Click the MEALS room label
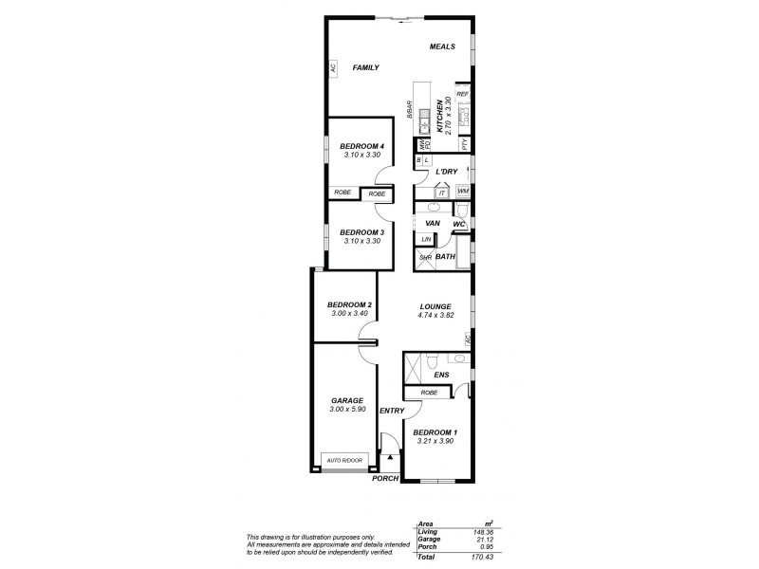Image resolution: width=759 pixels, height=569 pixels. (443, 46)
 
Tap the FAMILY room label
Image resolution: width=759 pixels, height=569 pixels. (365, 68)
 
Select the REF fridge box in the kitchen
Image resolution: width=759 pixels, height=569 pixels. (463, 95)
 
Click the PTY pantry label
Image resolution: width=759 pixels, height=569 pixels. (464, 144)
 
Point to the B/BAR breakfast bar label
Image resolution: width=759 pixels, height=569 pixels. (409, 110)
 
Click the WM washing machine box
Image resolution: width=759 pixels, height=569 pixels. (463, 191)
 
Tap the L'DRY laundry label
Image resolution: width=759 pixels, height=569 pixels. (447, 172)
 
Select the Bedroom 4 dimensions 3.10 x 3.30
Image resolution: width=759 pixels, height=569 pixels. (360, 155)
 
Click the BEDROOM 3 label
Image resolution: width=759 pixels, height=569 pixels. (361, 232)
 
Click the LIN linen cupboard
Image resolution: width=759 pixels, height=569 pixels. (426, 239)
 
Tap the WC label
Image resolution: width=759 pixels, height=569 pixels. (459, 224)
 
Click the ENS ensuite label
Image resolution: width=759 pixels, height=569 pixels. (441, 376)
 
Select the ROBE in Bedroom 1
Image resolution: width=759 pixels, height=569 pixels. (428, 392)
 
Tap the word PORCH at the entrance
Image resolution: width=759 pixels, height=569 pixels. (383, 479)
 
